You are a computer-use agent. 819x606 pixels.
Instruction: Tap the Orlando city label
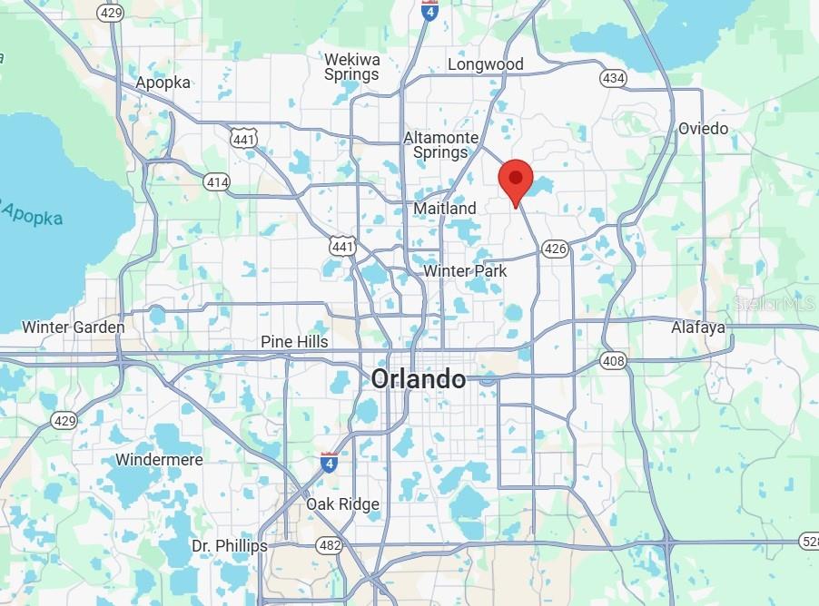418,379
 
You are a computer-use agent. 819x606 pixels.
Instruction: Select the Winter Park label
465,271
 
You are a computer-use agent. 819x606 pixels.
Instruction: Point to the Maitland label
445,209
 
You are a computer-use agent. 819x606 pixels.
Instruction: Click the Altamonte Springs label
440,145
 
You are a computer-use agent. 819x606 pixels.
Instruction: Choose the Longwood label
486,64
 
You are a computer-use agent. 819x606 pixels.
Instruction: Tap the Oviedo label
703,129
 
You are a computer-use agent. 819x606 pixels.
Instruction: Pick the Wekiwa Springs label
351,67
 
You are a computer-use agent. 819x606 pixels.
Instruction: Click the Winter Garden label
73,327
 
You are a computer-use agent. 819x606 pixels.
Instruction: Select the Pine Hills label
294,342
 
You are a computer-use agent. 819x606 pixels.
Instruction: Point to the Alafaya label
698,327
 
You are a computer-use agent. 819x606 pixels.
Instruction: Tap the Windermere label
159,460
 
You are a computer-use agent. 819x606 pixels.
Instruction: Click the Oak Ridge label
342,504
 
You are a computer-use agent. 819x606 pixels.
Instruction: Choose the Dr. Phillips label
230,546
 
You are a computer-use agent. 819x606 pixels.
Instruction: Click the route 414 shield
217,183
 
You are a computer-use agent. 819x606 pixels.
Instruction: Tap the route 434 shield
613,79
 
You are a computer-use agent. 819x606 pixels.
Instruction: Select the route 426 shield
555,248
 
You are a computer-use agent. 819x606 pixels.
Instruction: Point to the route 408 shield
613,362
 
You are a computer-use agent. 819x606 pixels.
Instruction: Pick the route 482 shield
329,545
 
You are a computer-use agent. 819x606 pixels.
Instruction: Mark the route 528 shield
807,542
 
